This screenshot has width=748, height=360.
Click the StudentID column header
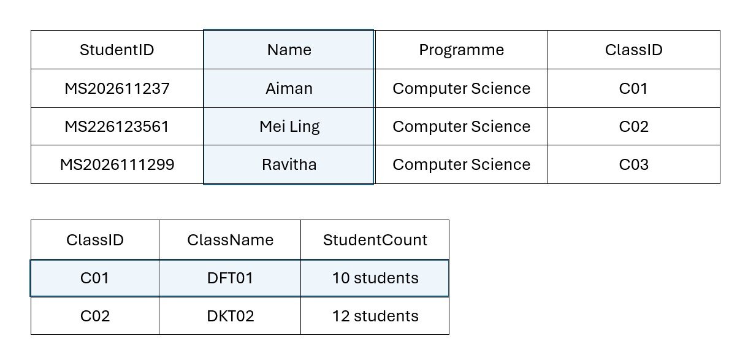[117, 50]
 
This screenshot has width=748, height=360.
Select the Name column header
[289, 50]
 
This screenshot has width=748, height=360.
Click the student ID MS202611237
[117, 89]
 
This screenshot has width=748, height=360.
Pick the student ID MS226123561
[117, 127]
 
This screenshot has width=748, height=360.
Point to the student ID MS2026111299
[117, 164]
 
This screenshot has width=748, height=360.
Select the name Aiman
[289, 89]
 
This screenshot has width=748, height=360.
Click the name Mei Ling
[289, 127]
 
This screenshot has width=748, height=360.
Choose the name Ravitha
[289, 164]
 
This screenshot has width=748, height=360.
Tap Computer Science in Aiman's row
[462, 89]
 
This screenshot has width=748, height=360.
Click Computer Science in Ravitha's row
[462, 164]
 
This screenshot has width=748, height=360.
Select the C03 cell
[634, 164]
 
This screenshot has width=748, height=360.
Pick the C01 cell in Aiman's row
[633, 89]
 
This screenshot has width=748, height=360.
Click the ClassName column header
[230, 240]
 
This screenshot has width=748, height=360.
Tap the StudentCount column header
[375, 240]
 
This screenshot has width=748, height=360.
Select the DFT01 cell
[230, 278]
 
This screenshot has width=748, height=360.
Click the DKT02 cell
[231, 316]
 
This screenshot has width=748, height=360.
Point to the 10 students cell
[375, 278]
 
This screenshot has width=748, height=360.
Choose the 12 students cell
[375, 316]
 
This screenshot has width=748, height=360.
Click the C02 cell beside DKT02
[95, 316]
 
